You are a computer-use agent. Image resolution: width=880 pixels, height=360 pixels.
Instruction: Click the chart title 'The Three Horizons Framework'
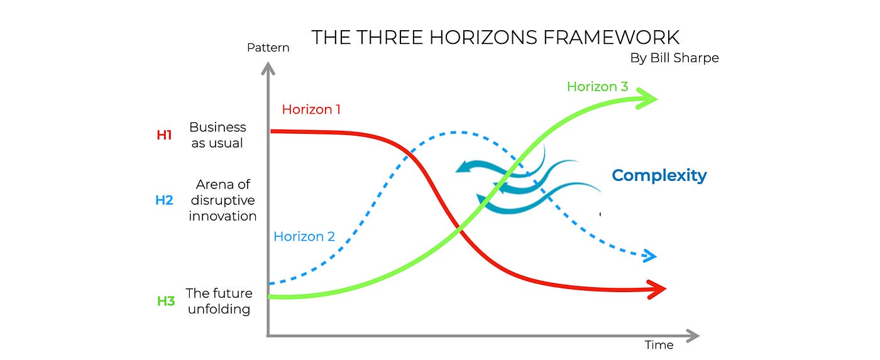click(x=495, y=37)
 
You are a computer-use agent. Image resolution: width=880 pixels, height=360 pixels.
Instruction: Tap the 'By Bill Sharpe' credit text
click(x=674, y=58)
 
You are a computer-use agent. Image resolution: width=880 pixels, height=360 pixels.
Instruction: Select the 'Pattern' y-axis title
click(x=268, y=48)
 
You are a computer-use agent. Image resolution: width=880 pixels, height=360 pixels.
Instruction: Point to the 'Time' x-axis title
click(x=659, y=345)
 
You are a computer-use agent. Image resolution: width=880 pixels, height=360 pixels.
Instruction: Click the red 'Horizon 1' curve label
click(x=311, y=109)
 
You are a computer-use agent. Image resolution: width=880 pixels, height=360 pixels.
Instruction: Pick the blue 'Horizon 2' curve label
click(x=304, y=237)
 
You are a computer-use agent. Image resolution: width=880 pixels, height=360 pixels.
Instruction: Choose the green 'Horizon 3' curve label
click(x=597, y=87)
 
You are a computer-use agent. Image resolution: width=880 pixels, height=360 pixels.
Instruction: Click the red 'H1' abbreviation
click(x=164, y=135)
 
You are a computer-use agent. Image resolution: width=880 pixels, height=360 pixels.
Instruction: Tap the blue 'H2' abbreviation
click(x=164, y=200)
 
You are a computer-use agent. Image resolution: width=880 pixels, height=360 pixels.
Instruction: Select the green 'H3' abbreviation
click(x=165, y=301)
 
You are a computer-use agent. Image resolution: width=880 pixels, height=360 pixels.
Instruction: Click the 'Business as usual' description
click(x=217, y=135)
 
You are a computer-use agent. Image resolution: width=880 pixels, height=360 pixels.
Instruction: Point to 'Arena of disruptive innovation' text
click(x=223, y=200)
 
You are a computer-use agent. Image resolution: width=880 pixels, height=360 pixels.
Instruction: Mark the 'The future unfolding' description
click(x=219, y=301)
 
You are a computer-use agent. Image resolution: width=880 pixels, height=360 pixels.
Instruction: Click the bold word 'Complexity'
click(x=659, y=175)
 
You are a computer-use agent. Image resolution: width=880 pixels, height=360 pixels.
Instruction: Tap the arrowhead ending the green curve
click(x=649, y=99)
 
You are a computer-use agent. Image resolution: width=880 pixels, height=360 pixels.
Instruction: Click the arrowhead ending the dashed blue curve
click(x=649, y=256)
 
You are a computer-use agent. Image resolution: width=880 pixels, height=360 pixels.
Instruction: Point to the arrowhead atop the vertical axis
click(x=268, y=68)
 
